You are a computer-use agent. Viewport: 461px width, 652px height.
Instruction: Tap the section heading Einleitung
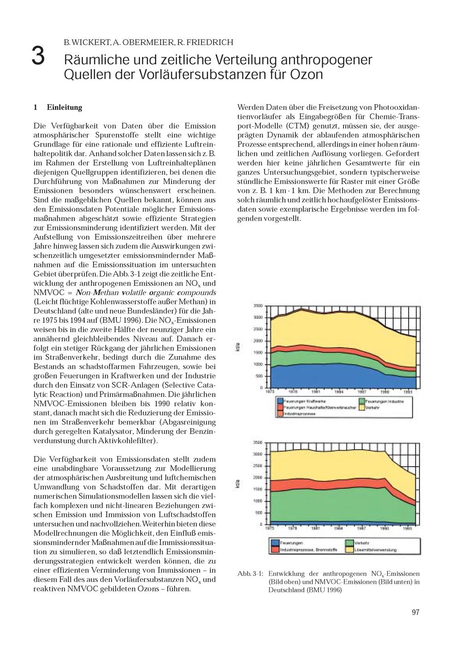(64, 107)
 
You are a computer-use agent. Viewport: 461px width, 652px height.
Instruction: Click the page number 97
(415, 612)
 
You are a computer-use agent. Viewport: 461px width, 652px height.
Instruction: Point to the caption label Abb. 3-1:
(250, 574)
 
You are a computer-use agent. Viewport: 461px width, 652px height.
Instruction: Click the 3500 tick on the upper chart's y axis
(258, 306)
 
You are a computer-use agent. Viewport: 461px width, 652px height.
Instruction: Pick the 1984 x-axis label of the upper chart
(339, 391)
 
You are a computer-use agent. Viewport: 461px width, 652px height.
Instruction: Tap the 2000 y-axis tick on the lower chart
(258, 477)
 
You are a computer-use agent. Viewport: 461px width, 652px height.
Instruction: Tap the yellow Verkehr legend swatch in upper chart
(362, 408)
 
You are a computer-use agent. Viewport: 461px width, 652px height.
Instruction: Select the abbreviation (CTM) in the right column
(297, 126)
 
